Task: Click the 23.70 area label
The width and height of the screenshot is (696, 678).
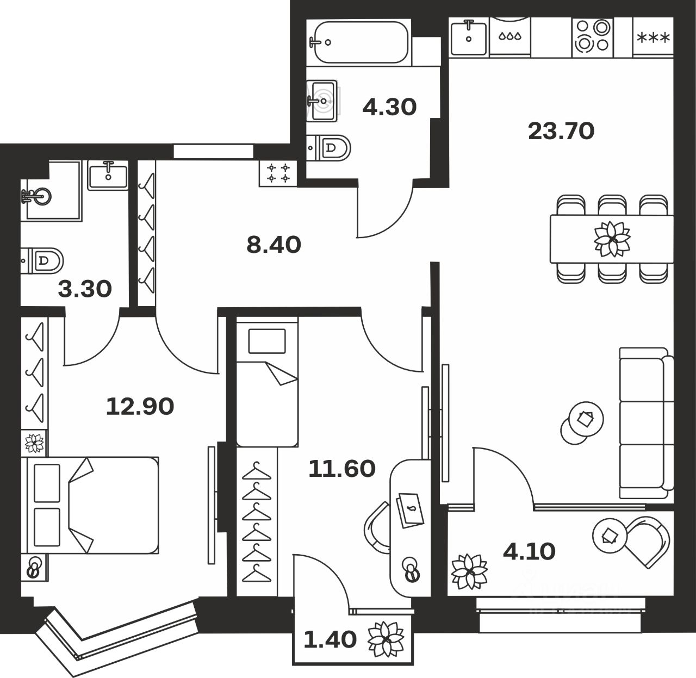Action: (561, 131)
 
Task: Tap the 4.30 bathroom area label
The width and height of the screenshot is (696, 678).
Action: (389, 107)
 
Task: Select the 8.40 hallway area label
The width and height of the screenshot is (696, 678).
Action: (274, 245)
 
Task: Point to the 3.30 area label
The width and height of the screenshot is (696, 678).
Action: (85, 289)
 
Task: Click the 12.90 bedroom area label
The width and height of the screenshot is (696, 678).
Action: (140, 406)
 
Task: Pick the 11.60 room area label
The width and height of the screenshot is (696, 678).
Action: (341, 468)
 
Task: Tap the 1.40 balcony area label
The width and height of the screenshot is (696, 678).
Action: (330, 639)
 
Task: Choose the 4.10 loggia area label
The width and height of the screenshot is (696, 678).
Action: (529, 552)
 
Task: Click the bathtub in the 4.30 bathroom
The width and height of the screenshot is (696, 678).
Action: (358, 41)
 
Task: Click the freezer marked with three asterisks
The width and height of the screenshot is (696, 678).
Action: (653, 38)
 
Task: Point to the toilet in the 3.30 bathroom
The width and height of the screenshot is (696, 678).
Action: (43, 260)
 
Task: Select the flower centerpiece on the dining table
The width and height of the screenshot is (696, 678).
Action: (612, 239)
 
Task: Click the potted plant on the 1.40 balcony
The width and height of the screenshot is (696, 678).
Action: (386, 638)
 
